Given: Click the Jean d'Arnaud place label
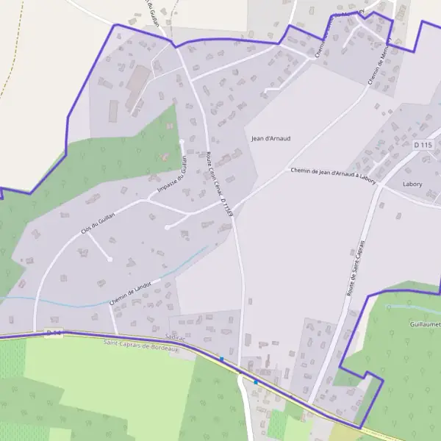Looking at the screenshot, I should click(270, 138).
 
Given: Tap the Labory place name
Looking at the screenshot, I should click(412, 184).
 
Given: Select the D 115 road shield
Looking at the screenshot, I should click(423, 145).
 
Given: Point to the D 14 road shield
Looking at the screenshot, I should click(54, 333).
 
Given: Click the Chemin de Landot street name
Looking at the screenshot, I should click(134, 291).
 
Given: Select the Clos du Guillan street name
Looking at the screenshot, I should click(99, 221).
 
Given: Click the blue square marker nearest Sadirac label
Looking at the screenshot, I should click(221, 359).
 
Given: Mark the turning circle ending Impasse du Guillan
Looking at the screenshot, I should click(181, 142).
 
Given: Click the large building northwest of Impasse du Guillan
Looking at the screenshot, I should click(137, 85).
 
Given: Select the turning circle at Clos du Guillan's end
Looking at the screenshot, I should click(110, 259).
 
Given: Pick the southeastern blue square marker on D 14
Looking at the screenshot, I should click(256, 382).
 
